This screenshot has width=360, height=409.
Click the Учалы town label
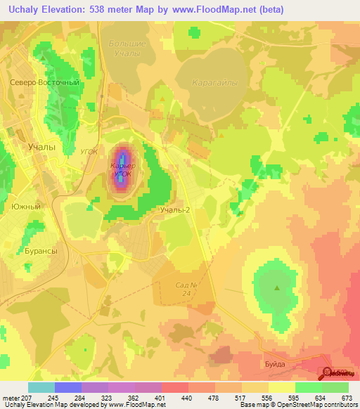click(x=41, y=148)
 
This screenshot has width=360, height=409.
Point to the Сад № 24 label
click(x=185, y=289)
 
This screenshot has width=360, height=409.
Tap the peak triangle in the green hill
click(x=277, y=287)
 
